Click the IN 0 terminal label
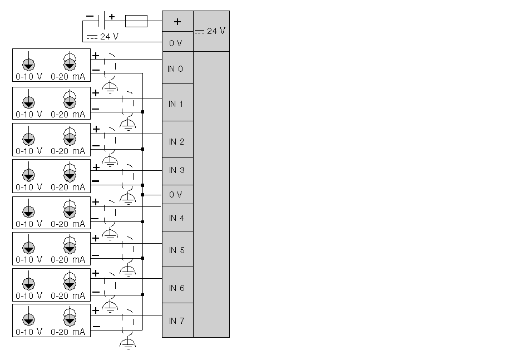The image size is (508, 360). [x=175, y=69]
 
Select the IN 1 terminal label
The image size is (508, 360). [x=176, y=103]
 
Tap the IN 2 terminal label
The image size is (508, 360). [x=176, y=142]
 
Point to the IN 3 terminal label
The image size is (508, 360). [x=176, y=170]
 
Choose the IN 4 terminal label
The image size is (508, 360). [x=176, y=218]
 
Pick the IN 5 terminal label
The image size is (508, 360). [x=176, y=250]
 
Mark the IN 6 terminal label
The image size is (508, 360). [x=176, y=288]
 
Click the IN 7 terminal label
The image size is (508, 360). [x=176, y=321]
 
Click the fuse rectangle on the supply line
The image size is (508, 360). [x=136, y=21]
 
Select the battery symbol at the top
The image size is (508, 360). [x=101, y=21]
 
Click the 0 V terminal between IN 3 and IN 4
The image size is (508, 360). [x=176, y=195]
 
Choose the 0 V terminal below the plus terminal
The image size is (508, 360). [x=176, y=43]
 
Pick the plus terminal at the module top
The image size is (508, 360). [x=177, y=22]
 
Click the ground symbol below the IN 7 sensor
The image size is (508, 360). [x=128, y=343]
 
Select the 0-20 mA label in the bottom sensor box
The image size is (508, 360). [x=68, y=332]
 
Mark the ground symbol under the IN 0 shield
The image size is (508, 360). [x=111, y=87]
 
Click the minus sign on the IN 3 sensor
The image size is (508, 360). [x=96, y=181]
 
